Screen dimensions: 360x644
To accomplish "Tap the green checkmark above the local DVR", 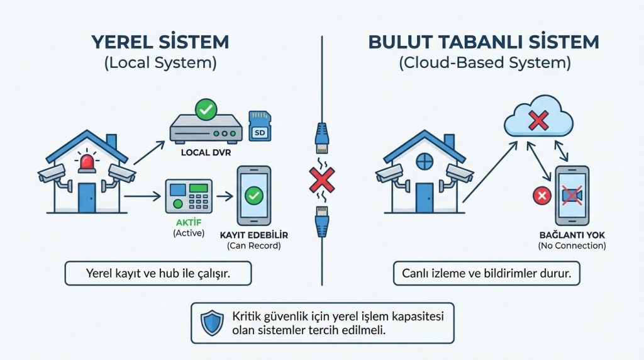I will click(205, 110).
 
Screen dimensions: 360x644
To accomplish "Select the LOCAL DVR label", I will click(205, 152).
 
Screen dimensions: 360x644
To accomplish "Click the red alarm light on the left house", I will click(86, 163).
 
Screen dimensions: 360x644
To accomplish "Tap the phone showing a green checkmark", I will click(253, 196).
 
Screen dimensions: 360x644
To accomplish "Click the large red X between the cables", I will click(321, 181).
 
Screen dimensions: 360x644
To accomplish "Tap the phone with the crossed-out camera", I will click(572, 196).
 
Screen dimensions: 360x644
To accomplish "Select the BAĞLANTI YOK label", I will click(572, 235).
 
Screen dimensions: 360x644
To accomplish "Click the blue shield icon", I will click(212, 323).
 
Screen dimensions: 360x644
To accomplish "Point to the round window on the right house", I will click(425, 161).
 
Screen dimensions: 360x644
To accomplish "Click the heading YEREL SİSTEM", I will click(160, 43).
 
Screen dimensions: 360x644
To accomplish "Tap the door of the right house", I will click(425, 197).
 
